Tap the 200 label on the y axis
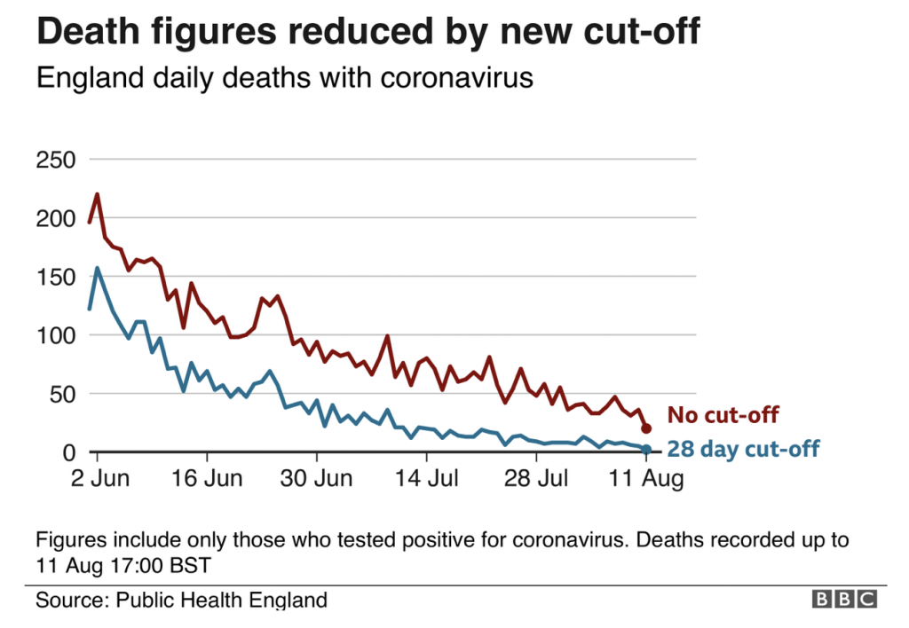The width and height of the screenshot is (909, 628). pyautogui.click(x=55, y=218)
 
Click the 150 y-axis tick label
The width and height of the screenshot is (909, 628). pyautogui.click(x=55, y=277)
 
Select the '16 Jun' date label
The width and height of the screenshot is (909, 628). pyautogui.click(x=206, y=479)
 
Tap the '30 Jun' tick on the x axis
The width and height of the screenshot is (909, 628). pyautogui.click(x=315, y=479)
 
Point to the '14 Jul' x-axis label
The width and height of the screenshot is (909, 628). pyautogui.click(x=425, y=479)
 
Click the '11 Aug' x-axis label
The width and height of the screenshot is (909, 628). pyautogui.click(x=645, y=479)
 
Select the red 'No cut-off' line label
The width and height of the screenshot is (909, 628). pyautogui.click(x=723, y=415)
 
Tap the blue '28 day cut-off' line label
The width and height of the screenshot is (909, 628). pyautogui.click(x=743, y=449)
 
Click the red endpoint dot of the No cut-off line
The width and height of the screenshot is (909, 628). pyautogui.click(x=646, y=428)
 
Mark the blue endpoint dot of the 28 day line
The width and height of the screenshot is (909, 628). pyautogui.click(x=646, y=450)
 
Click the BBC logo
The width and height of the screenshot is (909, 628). pyautogui.click(x=844, y=600)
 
